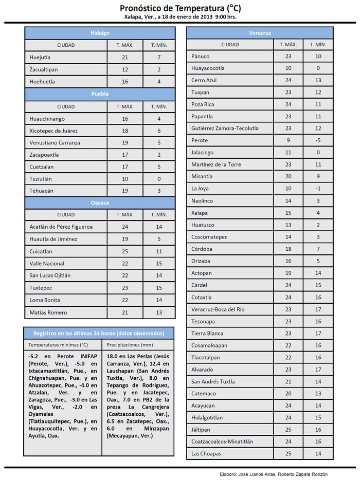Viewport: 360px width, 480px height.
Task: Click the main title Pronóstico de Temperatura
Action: tap(180, 8)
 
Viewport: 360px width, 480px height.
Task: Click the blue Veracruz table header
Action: tap(260, 33)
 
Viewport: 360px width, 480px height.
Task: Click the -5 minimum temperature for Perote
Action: tap(318, 140)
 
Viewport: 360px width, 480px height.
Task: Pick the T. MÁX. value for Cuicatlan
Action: tap(124, 251)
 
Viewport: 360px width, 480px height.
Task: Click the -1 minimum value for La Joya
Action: tap(318, 189)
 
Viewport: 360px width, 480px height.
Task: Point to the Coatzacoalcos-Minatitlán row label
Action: tap(222, 441)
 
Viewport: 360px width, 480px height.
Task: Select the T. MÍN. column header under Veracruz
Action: tap(318, 45)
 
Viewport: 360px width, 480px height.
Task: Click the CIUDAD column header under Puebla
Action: tap(66, 106)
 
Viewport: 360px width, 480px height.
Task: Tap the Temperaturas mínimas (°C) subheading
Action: tap(58, 344)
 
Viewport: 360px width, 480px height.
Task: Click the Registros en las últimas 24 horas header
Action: tap(98, 333)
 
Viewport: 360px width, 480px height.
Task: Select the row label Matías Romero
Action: tap(48, 312)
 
